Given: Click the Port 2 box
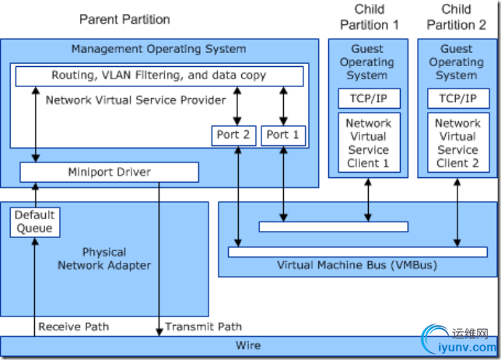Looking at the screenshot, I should (233, 135).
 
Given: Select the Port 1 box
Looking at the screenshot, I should (283, 135).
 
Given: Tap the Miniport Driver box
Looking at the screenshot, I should (109, 172).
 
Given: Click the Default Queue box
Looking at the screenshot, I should (34, 221).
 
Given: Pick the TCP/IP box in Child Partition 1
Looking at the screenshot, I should (368, 99).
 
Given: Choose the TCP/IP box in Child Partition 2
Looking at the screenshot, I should (457, 99).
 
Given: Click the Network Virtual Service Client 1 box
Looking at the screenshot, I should (368, 143).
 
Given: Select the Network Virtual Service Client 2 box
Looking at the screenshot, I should (457, 143).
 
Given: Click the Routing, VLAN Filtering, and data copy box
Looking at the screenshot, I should (159, 75).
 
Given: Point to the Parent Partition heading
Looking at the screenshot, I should (124, 19).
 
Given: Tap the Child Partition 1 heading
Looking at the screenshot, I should (370, 17).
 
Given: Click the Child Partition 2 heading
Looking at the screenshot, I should (457, 17).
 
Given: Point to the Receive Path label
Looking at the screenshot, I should (73, 327).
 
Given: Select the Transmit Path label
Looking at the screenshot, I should (203, 327).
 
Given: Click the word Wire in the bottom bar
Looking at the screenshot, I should (248, 345).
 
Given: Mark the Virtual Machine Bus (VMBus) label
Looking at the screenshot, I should (357, 265).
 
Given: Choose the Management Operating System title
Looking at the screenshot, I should (159, 49).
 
